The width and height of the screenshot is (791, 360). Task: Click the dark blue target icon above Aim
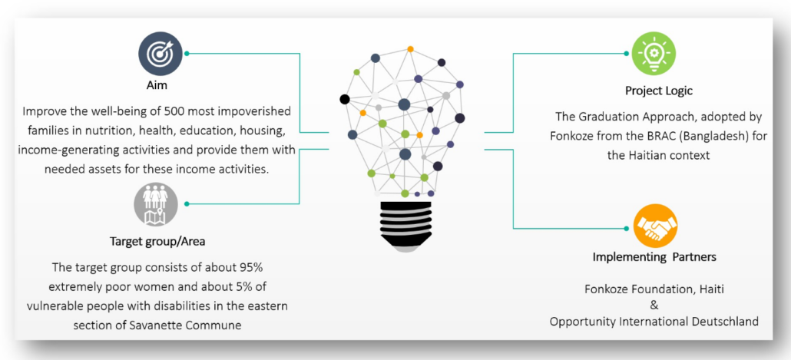[160, 54]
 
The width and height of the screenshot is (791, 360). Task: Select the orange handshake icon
[655, 226]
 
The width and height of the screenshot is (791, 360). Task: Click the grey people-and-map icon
[155, 204]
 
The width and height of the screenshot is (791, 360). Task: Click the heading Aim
[160, 86]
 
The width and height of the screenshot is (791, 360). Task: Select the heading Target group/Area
[157, 242]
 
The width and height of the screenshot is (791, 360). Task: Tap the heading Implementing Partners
[654, 257]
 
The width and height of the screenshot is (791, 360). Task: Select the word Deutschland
[726, 322]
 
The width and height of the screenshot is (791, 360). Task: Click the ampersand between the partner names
[654, 306]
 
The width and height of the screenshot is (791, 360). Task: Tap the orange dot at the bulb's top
[411, 49]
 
